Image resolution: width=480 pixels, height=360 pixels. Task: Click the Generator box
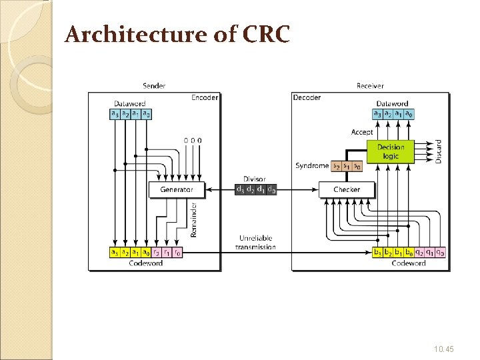tap(177, 189)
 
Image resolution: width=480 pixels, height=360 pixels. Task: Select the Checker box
tap(346, 189)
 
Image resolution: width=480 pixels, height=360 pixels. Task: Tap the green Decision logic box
tap(390, 152)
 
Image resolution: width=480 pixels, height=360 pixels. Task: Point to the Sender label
tap(154, 86)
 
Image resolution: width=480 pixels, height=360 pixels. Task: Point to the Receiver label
tap(370, 86)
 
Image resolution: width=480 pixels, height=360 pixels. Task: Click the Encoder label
tap(205, 97)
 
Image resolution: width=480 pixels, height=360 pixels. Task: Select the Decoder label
tap(307, 97)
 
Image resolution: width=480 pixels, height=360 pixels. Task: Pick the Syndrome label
tap(312, 165)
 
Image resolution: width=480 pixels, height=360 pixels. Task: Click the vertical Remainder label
tap(194, 219)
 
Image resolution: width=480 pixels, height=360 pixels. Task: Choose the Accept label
tap(362, 132)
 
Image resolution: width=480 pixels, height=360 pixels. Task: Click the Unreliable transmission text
tap(255, 243)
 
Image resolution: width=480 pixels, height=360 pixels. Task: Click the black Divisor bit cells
tap(256, 189)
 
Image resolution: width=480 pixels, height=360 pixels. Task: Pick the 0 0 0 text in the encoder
tap(193, 140)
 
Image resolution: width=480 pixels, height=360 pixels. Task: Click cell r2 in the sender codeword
tap(157, 253)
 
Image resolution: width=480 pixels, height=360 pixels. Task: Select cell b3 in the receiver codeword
tap(378, 253)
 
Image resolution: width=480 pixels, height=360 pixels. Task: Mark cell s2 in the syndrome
tap(336, 165)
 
